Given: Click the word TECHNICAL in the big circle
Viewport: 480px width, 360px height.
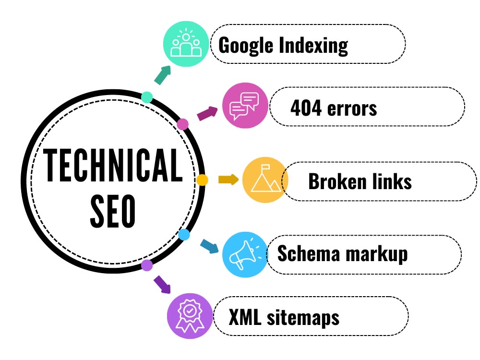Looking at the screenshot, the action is tap(113, 165).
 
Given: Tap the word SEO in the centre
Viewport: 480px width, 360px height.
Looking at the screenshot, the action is tap(113, 211).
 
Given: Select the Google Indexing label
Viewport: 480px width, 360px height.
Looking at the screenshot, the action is tap(283, 46).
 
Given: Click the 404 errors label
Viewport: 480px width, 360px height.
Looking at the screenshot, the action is tap(334, 108).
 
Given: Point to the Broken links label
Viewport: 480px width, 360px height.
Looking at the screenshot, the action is tap(360, 181).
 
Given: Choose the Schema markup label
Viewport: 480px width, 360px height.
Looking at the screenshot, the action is tap(343, 254).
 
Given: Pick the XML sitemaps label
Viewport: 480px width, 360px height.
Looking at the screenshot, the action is tap(284, 317).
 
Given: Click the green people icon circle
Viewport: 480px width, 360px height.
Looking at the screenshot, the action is tap(186, 44).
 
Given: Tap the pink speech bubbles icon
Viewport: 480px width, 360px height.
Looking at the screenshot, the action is tap(245, 105).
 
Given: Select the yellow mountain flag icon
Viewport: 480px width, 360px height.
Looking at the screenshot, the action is tap(265, 180).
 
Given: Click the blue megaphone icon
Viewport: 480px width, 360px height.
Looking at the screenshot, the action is tap(245, 255).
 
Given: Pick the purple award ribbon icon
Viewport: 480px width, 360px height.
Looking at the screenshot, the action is tap(190, 316).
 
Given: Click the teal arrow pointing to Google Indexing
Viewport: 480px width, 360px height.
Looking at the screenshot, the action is tap(163, 75).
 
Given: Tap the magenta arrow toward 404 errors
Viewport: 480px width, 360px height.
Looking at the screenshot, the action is tap(207, 113).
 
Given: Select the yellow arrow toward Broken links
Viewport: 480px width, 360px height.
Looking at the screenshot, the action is tap(228, 180).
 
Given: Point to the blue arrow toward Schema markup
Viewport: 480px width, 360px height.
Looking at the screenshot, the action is tap(209, 246).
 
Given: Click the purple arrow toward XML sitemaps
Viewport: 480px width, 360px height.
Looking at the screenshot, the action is tap(162, 284).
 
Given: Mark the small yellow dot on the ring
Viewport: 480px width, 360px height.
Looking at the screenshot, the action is tap(202, 180).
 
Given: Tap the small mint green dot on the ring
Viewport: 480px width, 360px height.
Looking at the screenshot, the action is tap(147, 97).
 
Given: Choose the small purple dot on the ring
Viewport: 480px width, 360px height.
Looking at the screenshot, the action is tap(147, 265).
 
